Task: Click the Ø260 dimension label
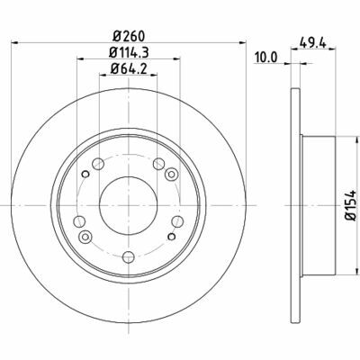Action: tap(129, 36)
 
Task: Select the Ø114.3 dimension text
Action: tap(129, 53)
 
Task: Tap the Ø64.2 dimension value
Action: tap(129, 69)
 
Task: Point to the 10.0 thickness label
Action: tap(266, 58)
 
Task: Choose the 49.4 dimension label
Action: tap(313, 43)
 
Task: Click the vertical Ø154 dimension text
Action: tap(350, 206)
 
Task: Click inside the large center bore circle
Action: tap(129, 205)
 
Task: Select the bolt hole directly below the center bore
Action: tap(129, 256)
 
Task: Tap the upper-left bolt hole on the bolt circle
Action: tap(98, 164)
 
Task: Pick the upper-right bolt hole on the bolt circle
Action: tap(158, 164)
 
